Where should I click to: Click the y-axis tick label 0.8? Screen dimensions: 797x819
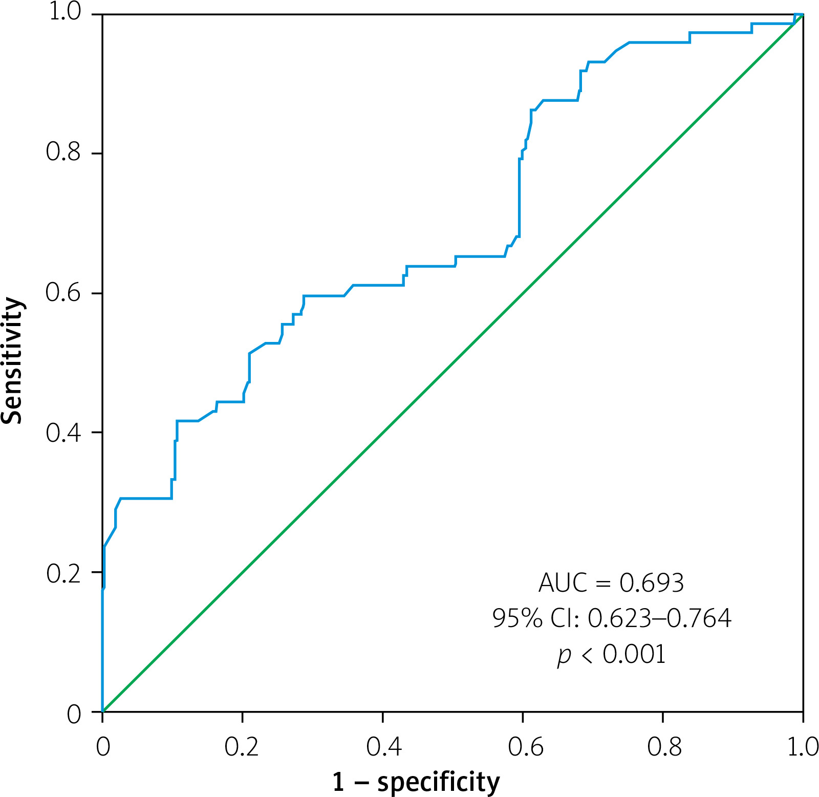tap(63, 152)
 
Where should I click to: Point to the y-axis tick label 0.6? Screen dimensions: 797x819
tap(63, 292)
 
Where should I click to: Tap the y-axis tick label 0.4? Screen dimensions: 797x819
tap(63, 433)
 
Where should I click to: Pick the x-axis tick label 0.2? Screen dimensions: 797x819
tap(242, 747)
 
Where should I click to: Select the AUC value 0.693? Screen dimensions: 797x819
tap(652, 583)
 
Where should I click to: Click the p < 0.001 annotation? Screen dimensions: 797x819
tap(612, 655)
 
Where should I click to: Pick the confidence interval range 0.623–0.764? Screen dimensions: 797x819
tap(659, 618)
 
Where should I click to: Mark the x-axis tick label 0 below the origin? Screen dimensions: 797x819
tap(103, 747)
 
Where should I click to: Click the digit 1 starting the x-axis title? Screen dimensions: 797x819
tap(339, 782)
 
